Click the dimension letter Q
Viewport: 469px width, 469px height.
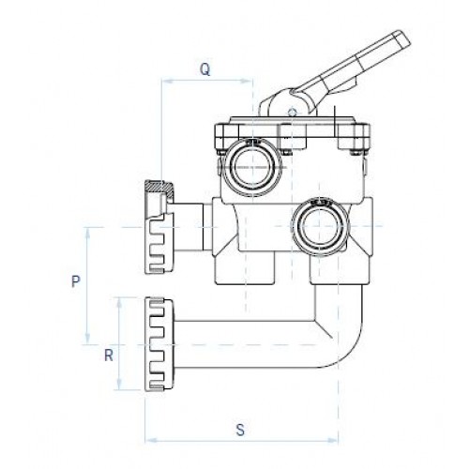coord(204,69)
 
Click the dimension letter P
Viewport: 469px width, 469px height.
coord(75,281)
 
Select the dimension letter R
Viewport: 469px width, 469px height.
coord(109,356)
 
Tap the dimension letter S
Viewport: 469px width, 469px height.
coord(240,430)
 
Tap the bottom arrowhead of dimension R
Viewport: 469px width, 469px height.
coord(119,384)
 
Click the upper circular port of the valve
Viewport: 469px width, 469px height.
coord(251,167)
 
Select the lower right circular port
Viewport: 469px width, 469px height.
coord(319,226)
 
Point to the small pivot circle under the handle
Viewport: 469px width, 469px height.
coord(292,112)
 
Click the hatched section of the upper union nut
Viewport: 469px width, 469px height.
coord(159,189)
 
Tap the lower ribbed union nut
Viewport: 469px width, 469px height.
coord(159,344)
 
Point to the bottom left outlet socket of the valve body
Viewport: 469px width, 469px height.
coord(245,268)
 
